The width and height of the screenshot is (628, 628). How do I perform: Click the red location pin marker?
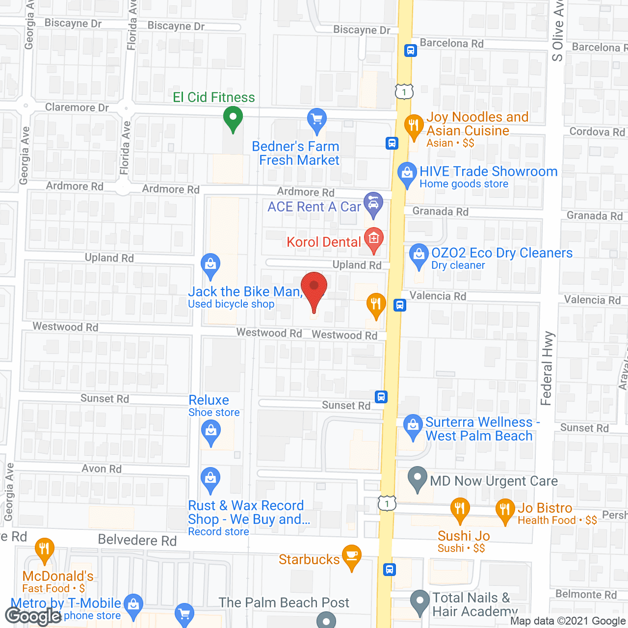pyautogui.click(x=314, y=287)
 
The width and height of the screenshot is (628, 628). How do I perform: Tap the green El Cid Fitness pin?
pyautogui.click(x=233, y=118)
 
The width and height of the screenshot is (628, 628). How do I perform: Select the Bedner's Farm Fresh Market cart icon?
pyautogui.click(x=317, y=119)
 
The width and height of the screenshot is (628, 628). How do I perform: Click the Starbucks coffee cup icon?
pyautogui.click(x=352, y=556)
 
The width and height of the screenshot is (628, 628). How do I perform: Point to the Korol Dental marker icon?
pyautogui.click(x=374, y=239)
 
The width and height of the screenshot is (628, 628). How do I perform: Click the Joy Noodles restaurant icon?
pyautogui.click(x=414, y=125)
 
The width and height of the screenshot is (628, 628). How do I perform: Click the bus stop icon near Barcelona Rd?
pyautogui.click(x=411, y=51)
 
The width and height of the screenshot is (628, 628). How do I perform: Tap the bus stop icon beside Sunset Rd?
pyautogui.click(x=381, y=396)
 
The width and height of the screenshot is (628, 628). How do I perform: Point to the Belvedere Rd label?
pyautogui.click(x=137, y=540)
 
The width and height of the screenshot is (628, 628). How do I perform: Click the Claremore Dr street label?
pyautogui.click(x=77, y=107)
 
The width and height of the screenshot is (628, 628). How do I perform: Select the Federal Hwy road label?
pyautogui.click(x=547, y=368)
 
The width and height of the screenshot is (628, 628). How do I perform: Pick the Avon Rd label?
pyautogui.click(x=102, y=469)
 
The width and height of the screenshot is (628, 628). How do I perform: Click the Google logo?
pyautogui.click(x=33, y=616)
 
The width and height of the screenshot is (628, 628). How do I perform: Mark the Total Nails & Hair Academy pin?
pyautogui.click(x=419, y=601)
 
